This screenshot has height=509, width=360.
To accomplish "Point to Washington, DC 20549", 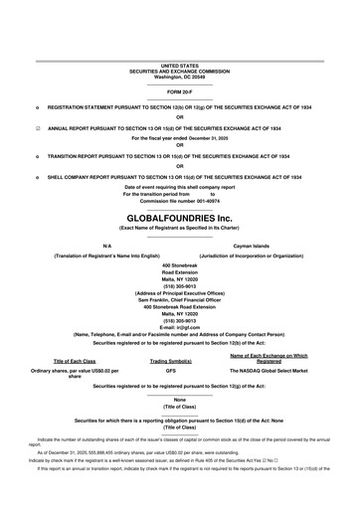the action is [x=179, y=76].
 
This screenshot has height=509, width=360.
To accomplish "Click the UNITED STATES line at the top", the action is [x=179, y=65].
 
